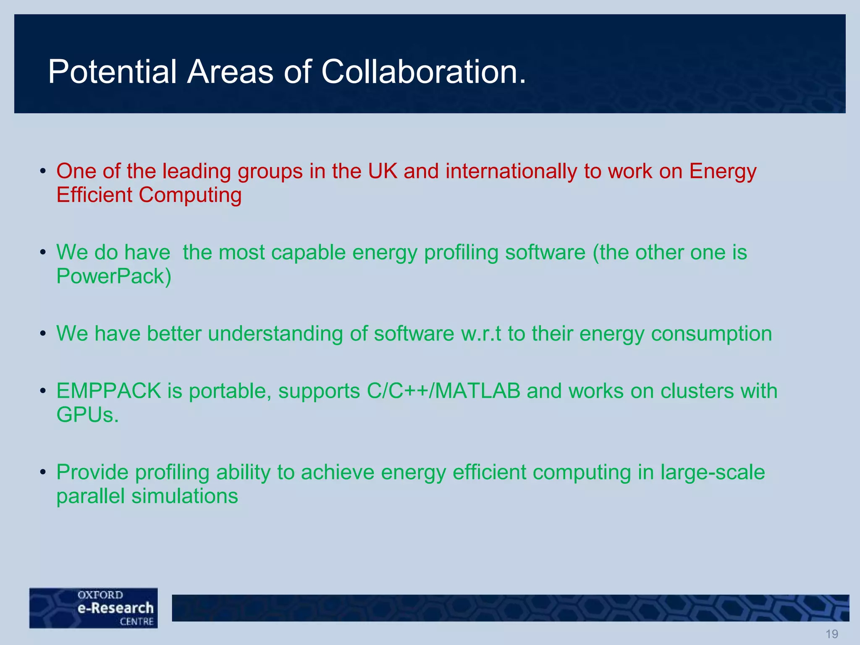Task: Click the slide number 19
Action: (831, 634)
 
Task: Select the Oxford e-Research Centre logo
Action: (94, 608)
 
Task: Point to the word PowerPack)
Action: (114, 276)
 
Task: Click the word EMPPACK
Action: (109, 391)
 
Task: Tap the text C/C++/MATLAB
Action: (443, 391)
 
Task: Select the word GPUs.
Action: (87, 415)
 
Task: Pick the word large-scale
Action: (713, 472)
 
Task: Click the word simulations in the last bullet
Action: (185, 496)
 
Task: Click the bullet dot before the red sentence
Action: (42, 172)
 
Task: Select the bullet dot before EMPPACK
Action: (42, 391)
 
